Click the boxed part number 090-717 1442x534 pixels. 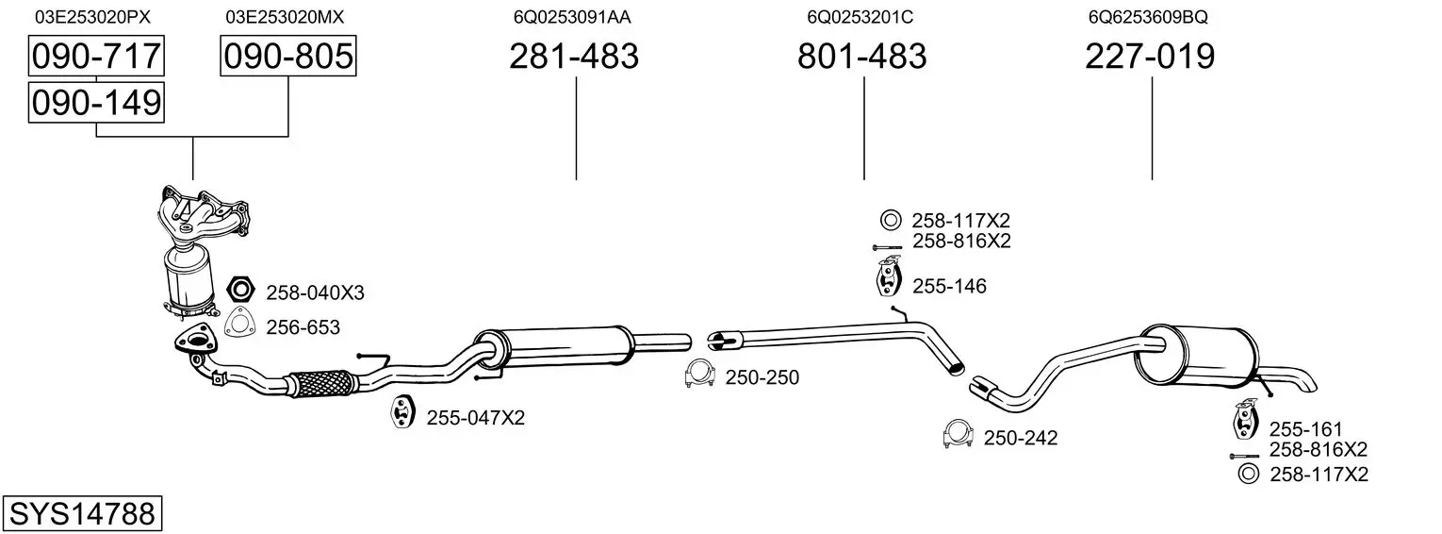pyautogui.click(x=96, y=56)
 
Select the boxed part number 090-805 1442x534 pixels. pyautogui.click(x=287, y=56)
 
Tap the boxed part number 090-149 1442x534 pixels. pyautogui.click(x=96, y=103)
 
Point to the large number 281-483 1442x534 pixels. pyautogui.click(x=574, y=56)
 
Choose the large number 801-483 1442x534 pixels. pyautogui.click(x=862, y=56)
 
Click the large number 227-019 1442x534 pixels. pyautogui.click(x=1150, y=56)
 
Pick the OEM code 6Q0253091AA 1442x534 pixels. pyautogui.click(x=572, y=17)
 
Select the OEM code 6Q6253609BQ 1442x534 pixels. pyautogui.click(x=1148, y=17)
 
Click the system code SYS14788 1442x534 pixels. pyautogui.click(x=82, y=513)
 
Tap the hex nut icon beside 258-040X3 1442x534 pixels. pyautogui.click(x=241, y=290)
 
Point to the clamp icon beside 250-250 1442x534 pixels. pyautogui.click(x=699, y=375)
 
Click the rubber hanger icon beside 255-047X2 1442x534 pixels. pyautogui.click(x=403, y=413)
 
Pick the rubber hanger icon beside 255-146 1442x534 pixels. pyautogui.click(x=889, y=277)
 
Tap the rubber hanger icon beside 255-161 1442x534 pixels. pyautogui.click(x=1246, y=419)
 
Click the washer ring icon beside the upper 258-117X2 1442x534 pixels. pyautogui.click(x=891, y=221)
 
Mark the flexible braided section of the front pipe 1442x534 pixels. pyautogui.click(x=320, y=382)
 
